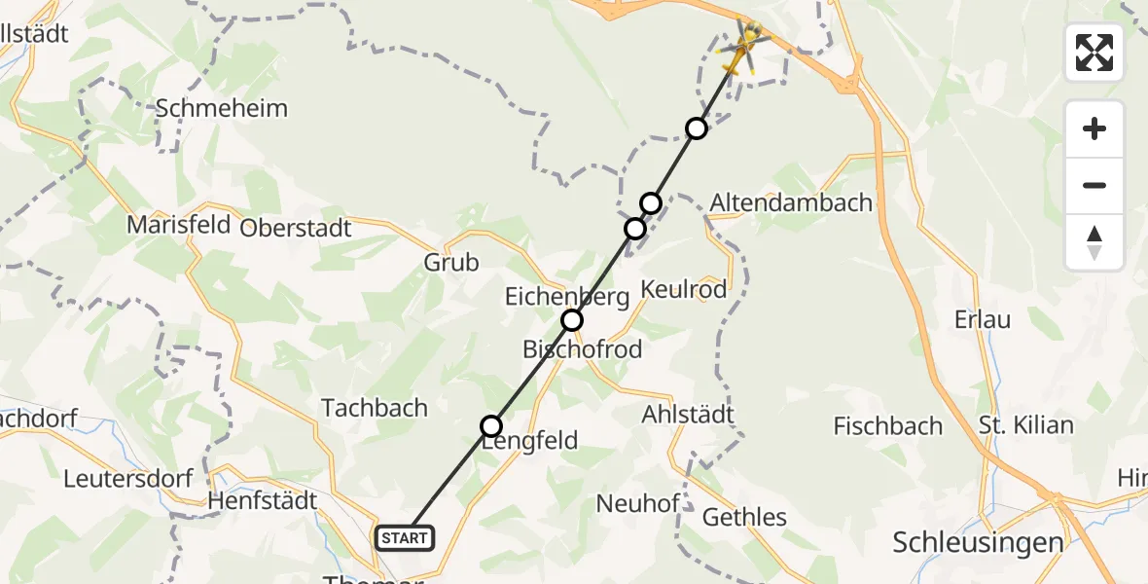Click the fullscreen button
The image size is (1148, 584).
[x=1094, y=53]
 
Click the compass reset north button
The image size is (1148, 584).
[x=1094, y=243]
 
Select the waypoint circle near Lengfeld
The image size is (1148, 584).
[x=491, y=426]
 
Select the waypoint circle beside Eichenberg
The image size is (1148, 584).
[x=572, y=320]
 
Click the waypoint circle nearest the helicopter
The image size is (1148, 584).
[x=697, y=128]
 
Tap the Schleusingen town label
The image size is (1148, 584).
[x=977, y=542]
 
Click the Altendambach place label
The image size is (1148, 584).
[x=791, y=202]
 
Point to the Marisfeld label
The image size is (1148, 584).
[x=178, y=226]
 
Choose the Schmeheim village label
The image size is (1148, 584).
[x=222, y=108]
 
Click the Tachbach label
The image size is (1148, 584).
[x=375, y=408]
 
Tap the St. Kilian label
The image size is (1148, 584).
[x=1025, y=425]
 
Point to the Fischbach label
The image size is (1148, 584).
[x=888, y=426]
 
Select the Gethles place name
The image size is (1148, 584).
[x=744, y=517]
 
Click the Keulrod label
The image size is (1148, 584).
[x=684, y=289]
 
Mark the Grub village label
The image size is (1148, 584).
[x=451, y=263]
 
